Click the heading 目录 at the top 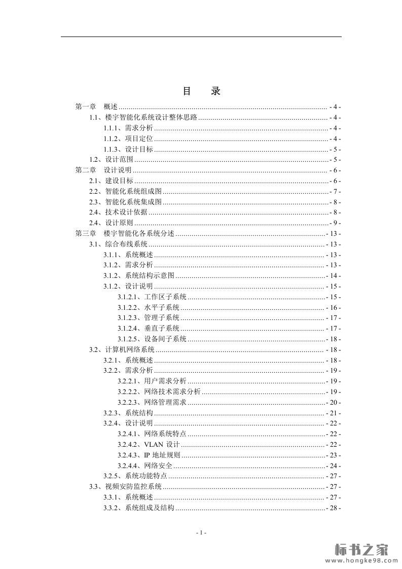201,92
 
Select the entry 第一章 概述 96,107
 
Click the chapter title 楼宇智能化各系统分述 139,234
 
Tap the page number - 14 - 333,276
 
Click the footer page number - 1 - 201,532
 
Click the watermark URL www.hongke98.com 361,560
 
